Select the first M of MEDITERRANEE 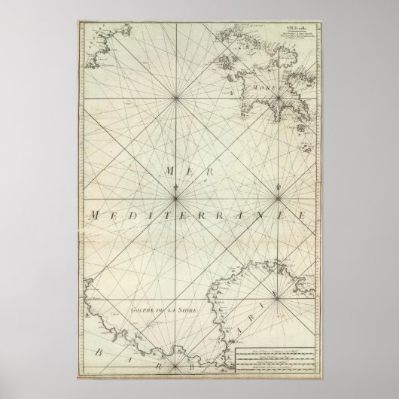click(x=92, y=216)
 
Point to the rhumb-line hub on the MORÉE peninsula click(x=279, y=97)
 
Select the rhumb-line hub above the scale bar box click(x=279, y=300)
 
